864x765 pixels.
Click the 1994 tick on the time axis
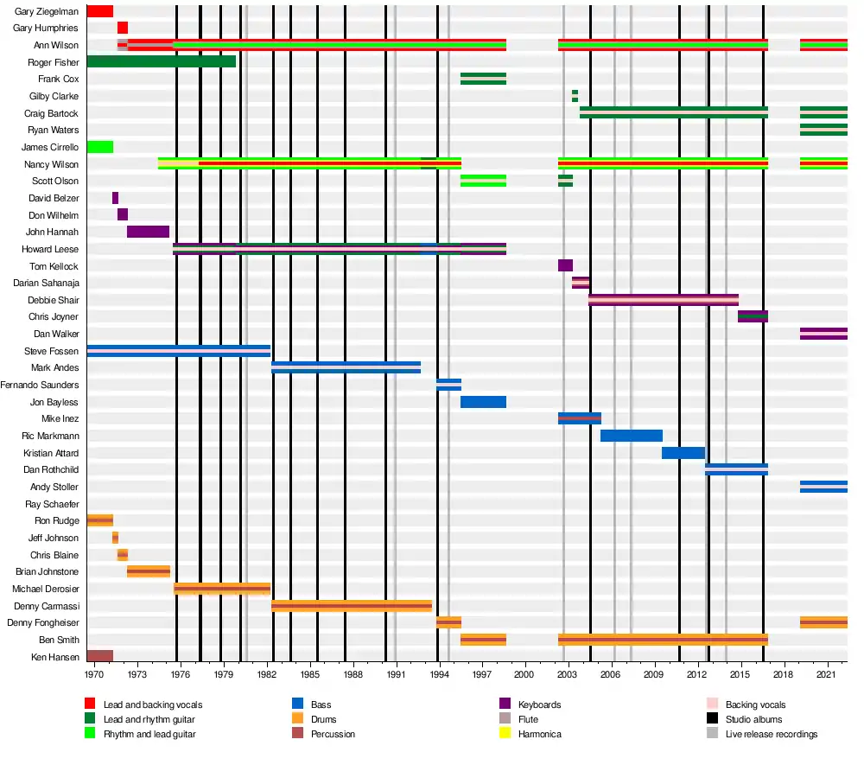(x=439, y=672)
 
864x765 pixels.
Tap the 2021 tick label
(x=827, y=672)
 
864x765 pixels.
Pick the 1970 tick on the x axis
(x=95, y=672)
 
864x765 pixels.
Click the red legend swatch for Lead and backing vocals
(x=90, y=704)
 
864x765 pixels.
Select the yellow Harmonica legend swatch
(x=505, y=734)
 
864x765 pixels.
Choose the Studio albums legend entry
(x=753, y=719)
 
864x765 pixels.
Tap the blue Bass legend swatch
(x=297, y=704)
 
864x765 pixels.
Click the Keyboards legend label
(x=539, y=704)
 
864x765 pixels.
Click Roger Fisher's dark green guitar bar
(x=161, y=62)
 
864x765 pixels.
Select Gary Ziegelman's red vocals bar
(x=99, y=11)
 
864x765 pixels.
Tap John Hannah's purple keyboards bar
(x=148, y=232)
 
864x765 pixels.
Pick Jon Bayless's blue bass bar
(x=483, y=402)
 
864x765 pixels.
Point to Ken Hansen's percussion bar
(x=99, y=656)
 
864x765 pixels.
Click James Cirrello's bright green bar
(x=99, y=147)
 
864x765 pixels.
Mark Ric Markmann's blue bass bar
(x=631, y=436)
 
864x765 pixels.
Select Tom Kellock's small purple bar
(x=565, y=265)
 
